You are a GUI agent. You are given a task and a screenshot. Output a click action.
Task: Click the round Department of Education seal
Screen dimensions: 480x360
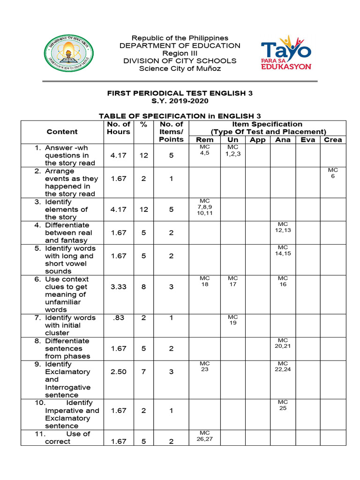click(x=68, y=52)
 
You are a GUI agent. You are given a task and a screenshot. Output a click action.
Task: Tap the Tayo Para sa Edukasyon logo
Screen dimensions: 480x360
click(x=286, y=52)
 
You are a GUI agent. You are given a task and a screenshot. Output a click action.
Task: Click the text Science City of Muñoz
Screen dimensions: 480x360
click(x=180, y=68)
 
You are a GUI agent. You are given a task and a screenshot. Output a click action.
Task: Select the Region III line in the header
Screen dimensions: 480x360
click(x=180, y=53)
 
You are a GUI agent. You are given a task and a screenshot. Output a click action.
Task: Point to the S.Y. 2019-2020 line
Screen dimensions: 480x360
click(x=180, y=101)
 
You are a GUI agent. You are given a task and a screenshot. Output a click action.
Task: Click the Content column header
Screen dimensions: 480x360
click(x=62, y=132)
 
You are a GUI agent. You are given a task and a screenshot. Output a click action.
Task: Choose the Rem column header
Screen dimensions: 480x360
click(x=204, y=140)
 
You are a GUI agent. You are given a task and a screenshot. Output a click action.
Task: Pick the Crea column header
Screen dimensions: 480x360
click(x=333, y=140)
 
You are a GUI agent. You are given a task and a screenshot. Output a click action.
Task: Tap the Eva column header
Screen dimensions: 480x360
click(x=307, y=140)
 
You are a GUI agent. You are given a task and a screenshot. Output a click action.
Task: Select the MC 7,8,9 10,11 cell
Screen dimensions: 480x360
click(x=204, y=207)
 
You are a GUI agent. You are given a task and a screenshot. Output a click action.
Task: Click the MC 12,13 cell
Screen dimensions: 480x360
click(x=283, y=227)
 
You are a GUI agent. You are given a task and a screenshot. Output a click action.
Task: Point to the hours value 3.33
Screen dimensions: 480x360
click(x=119, y=286)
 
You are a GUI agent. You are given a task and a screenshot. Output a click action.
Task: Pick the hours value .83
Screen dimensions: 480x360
click(x=119, y=317)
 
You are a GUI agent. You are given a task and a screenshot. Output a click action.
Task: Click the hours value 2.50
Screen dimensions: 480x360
click(x=119, y=372)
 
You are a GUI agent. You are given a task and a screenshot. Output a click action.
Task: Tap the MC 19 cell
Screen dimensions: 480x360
click(x=233, y=320)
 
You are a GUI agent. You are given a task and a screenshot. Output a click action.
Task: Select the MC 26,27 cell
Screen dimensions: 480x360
click(x=204, y=435)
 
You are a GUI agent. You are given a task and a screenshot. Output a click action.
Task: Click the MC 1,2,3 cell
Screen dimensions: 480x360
click(x=233, y=150)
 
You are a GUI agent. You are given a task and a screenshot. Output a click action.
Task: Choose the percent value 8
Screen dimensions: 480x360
click(x=143, y=286)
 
